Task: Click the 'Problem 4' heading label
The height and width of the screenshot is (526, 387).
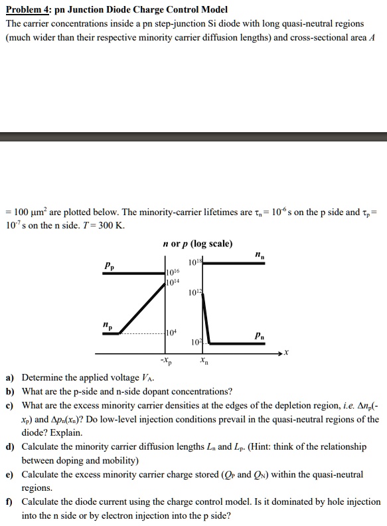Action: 27,10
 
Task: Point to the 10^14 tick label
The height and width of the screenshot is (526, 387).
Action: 173,282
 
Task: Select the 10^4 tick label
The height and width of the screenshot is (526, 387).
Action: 171,332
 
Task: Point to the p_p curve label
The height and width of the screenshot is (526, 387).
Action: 109,265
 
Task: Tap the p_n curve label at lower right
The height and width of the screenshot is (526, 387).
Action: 258,337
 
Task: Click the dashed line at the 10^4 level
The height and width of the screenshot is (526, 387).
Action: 143,333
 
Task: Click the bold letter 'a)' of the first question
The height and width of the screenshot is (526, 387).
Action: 10,378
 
